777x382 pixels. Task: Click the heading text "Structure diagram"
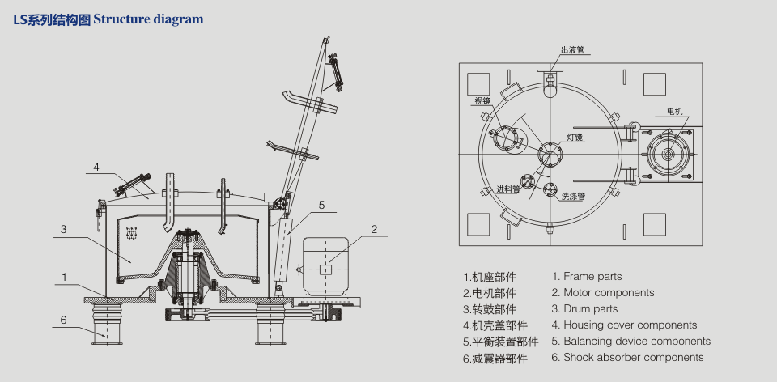pyautogui.click(x=149, y=19)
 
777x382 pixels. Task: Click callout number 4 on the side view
pyautogui.click(x=96, y=168)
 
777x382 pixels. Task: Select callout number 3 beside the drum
pyautogui.click(x=62, y=230)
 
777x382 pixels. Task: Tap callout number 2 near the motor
pyautogui.click(x=374, y=229)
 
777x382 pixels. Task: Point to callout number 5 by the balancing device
pyautogui.click(x=321, y=206)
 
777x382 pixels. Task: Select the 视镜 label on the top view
pyautogui.click(x=483, y=101)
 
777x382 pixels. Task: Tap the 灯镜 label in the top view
pyautogui.click(x=575, y=138)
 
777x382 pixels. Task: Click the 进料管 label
pyautogui.click(x=507, y=189)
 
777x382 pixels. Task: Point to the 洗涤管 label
pyautogui.click(x=573, y=195)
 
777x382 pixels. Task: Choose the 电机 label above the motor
pyautogui.click(x=674, y=111)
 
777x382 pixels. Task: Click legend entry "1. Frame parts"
pyautogui.click(x=587, y=277)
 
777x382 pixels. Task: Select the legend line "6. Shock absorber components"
pyautogui.click(x=627, y=357)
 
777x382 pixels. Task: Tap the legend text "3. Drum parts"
pyautogui.click(x=584, y=308)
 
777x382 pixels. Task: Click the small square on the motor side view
pyautogui.click(x=326, y=269)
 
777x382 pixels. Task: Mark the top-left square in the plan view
pyautogui.click(x=478, y=83)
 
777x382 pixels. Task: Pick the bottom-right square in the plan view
pyautogui.click(x=655, y=224)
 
